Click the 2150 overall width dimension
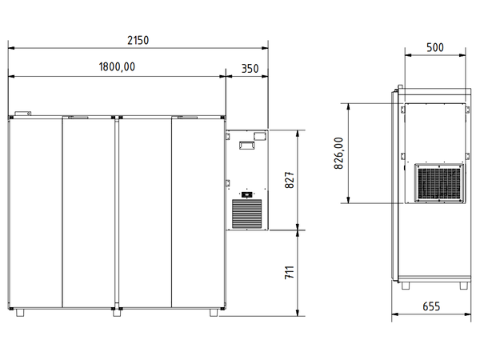pyautogui.click(x=139, y=40)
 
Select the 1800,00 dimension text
pyautogui.click(x=116, y=68)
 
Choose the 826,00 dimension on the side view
pyautogui.click(x=339, y=152)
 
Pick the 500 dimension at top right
pyautogui.click(x=434, y=47)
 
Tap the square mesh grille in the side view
pyautogui.click(x=438, y=183)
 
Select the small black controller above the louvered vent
pyautogui.click(x=246, y=193)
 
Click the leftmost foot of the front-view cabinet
pyautogui.click(x=19, y=310)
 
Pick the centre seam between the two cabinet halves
pyautogui.click(x=116, y=212)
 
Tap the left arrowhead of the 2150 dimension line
pyautogui.click(x=11, y=47)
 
